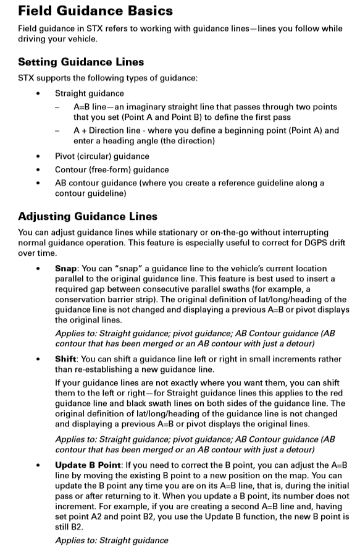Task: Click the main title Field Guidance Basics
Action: (x=96, y=11)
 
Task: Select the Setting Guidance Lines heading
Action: (x=81, y=62)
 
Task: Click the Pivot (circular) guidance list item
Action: (x=102, y=156)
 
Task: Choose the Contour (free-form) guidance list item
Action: (x=112, y=169)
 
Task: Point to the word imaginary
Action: (x=136, y=107)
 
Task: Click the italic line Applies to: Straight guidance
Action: (x=111, y=540)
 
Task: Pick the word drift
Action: (x=336, y=243)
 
